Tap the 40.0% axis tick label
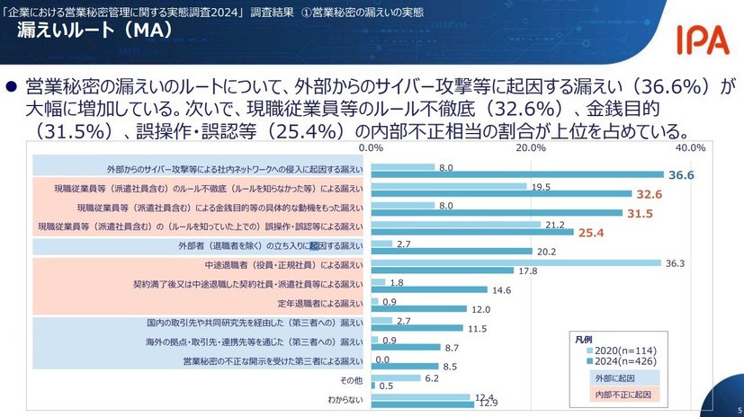click(691, 147)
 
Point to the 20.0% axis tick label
click(531, 147)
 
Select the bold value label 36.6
click(681, 175)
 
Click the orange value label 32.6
click(649, 194)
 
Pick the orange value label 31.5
click(640, 213)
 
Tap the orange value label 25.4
click(591, 233)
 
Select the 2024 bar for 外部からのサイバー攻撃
click(516, 174)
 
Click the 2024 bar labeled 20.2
click(451, 252)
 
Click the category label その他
click(352, 381)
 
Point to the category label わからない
click(345, 398)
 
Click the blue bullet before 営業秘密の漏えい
click(13, 87)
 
